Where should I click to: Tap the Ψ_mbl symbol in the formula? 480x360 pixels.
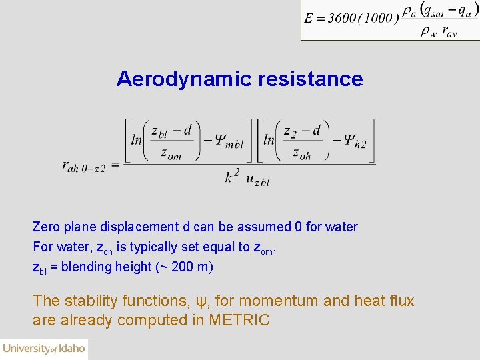click(229, 140)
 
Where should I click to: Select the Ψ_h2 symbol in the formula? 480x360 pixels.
click(353, 140)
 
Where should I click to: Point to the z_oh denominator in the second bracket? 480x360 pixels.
click(301, 154)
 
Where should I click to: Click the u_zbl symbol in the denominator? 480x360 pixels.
click(257, 179)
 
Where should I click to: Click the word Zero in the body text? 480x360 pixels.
click(47, 227)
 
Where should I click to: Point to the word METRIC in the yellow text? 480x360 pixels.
click(239, 320)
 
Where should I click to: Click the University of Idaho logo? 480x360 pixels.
click(44, 348)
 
